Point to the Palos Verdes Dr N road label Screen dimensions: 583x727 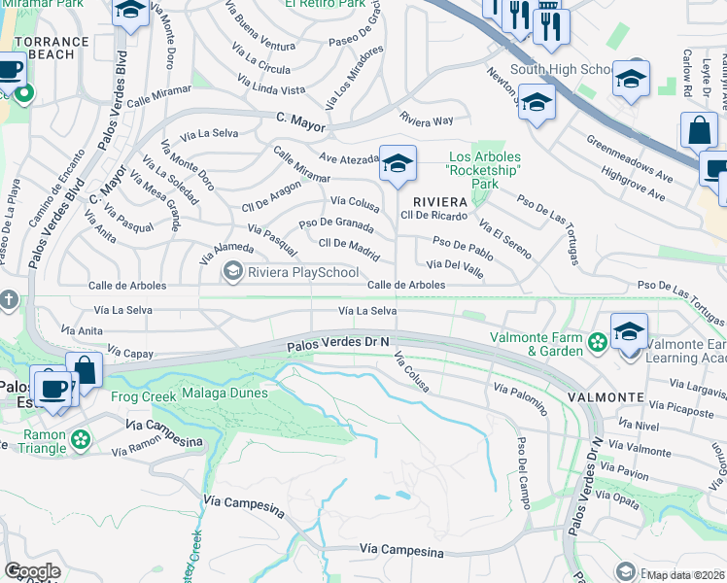click(338, 343)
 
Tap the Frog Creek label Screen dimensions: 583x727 click(144, 396)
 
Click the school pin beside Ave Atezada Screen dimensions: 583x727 click(398, 165)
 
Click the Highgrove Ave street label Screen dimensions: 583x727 click(633, 183)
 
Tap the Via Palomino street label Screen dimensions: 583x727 click(520, 399)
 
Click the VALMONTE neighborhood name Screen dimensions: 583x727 click(606, 397)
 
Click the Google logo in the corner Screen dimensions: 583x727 click(31, 571)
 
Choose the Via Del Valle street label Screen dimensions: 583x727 click(449, 263)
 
